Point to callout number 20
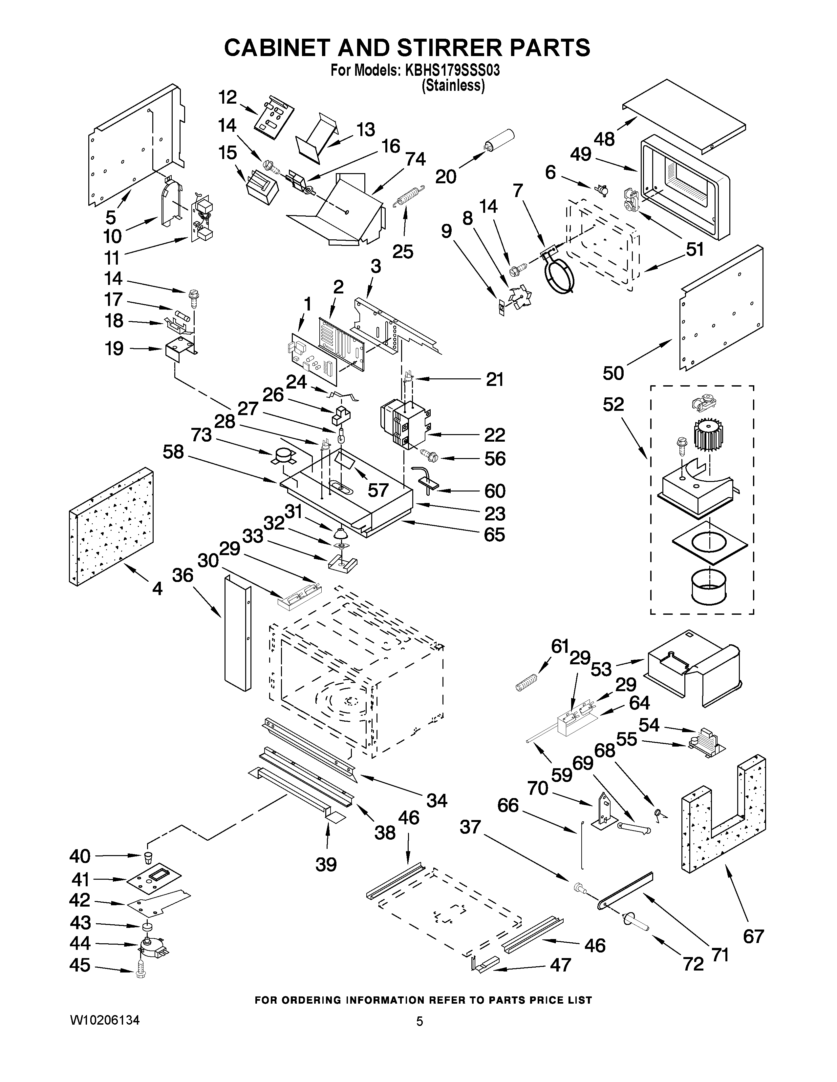[x=446, y=176]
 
